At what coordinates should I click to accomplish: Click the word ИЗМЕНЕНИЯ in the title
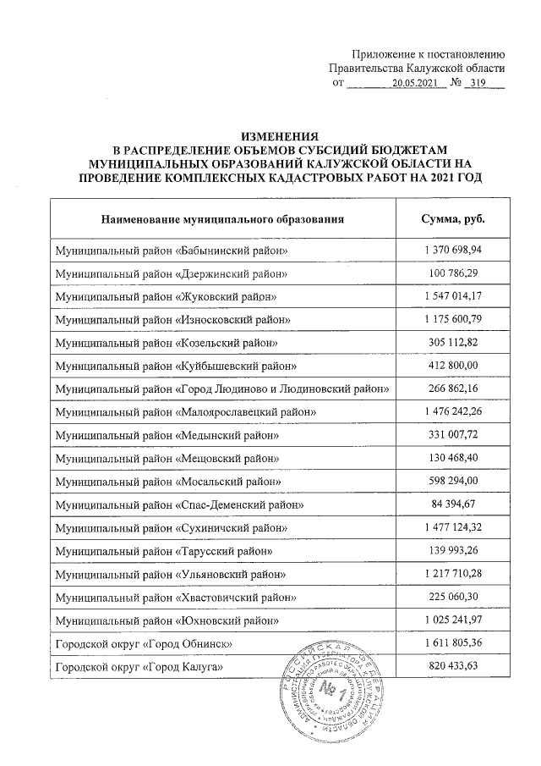(x=279, y=135)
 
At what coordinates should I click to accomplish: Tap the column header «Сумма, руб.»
(x=453, y=219)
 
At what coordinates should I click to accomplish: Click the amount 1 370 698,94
(x=453, y=252)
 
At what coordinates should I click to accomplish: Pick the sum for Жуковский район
(x=453, y=298)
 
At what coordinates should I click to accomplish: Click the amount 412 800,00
(x=453, y=366)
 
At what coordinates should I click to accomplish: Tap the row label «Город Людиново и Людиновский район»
(x=222, y=389)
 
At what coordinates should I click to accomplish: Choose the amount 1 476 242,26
(x=453, y=411)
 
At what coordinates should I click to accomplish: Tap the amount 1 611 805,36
(x=453, y=644)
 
